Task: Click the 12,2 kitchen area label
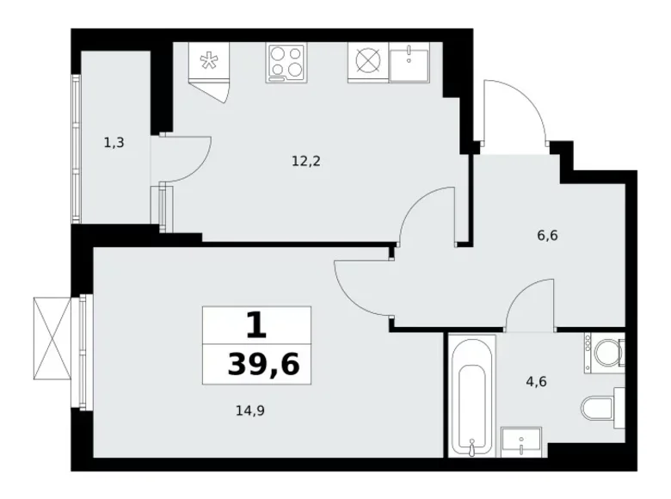pyautogui.click(x=306, y=159)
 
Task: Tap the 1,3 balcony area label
pyautogui.click(x=114, y=143)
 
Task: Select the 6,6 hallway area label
pyautogui.click(x=548, y=235)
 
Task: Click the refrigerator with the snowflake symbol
pyautogui.click(x=208, y=65)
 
